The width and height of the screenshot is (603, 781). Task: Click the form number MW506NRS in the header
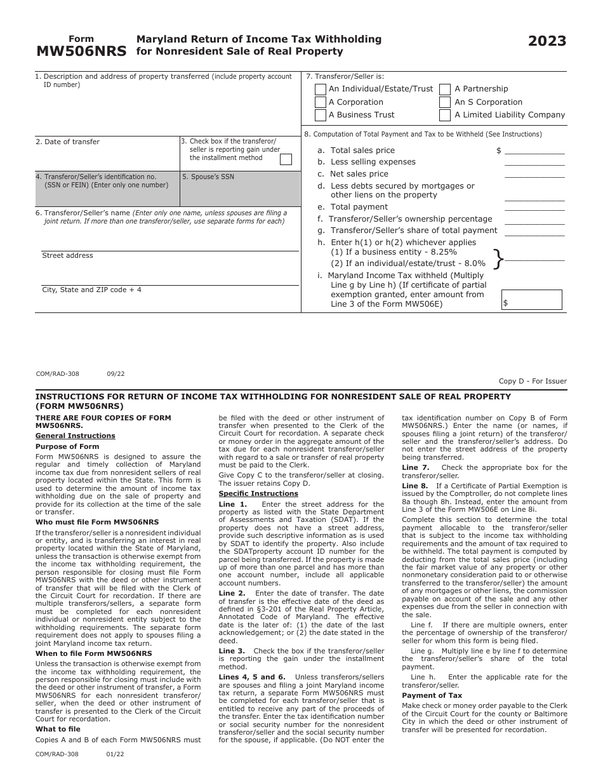pos(81,51)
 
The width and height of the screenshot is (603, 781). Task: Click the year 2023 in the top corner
pos(547,41)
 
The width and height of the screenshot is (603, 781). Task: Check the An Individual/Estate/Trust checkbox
pos(321,90)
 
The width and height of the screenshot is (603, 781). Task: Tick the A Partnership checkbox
pos(445,90)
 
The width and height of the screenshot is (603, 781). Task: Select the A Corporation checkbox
pos(321,102)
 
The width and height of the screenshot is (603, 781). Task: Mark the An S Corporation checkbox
pos(445,102)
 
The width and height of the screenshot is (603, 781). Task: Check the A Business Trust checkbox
pos(321,115)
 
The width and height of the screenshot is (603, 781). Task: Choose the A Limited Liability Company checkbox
pos(445,115)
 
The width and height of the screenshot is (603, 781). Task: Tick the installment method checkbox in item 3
pos(286,159)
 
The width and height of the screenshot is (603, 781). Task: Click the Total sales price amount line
pos(534,151)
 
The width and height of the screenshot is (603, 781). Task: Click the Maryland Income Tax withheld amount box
pos(532,300)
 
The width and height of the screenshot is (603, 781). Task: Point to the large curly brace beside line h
pos(498,259)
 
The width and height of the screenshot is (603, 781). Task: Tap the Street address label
pos(67,256)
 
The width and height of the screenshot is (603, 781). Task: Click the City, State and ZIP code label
pos(91,290)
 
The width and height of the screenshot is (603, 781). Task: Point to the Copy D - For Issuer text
pos(533,381)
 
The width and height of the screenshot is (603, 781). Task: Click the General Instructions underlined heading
pos(75,436)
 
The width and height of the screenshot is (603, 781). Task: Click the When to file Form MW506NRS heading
pos(93,653)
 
